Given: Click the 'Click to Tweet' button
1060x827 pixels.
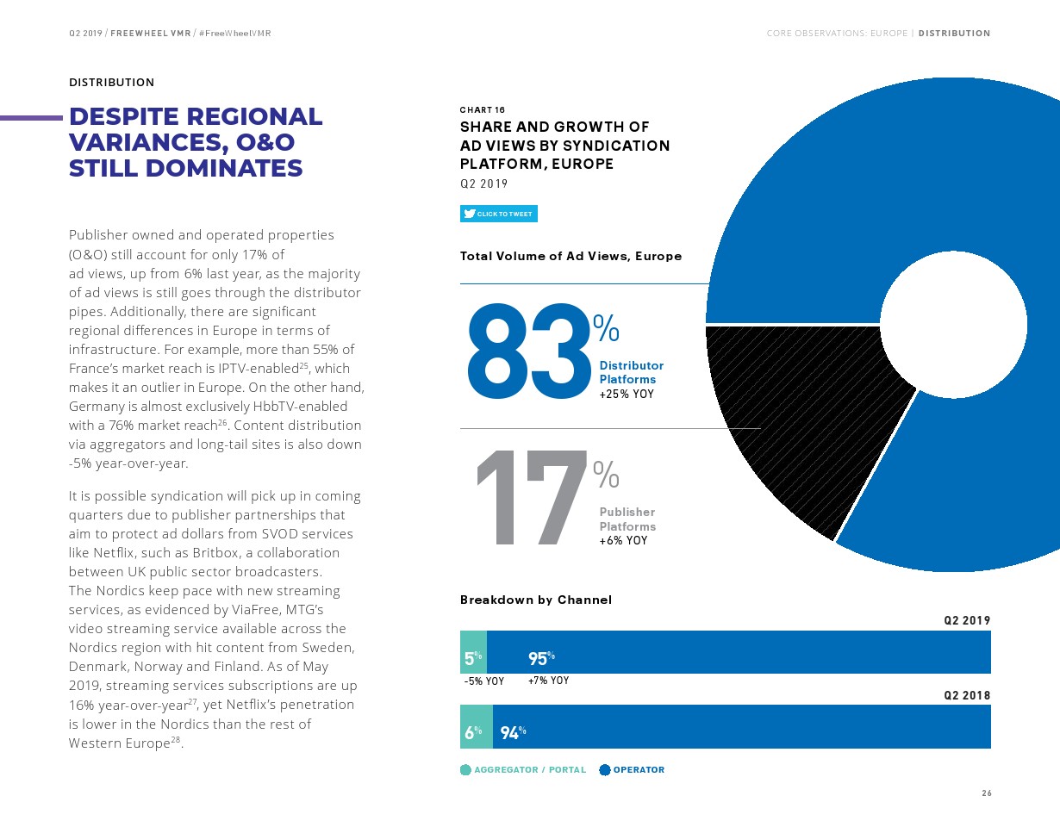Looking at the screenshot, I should point(499,214).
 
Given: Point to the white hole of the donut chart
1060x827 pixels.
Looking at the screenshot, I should point(952,325).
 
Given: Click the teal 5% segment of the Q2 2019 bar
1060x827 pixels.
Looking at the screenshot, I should point(473,652).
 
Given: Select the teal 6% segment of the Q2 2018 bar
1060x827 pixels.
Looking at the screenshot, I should point(476,726).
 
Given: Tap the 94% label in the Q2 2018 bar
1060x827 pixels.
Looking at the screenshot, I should point(513,733).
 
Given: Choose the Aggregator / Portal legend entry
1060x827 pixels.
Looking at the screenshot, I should point(523,770).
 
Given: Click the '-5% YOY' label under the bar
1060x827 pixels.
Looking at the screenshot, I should point(483,681).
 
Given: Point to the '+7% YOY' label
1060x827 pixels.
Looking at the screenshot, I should point(548,681).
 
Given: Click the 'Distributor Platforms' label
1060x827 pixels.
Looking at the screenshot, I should point(631,372).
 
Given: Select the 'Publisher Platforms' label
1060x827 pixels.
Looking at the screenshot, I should point(627,519).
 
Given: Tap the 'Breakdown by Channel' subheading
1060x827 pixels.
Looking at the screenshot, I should point(535,600).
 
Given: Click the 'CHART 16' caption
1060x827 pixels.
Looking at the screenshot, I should point(483,110).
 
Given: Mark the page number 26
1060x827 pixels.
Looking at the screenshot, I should point(987,793).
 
